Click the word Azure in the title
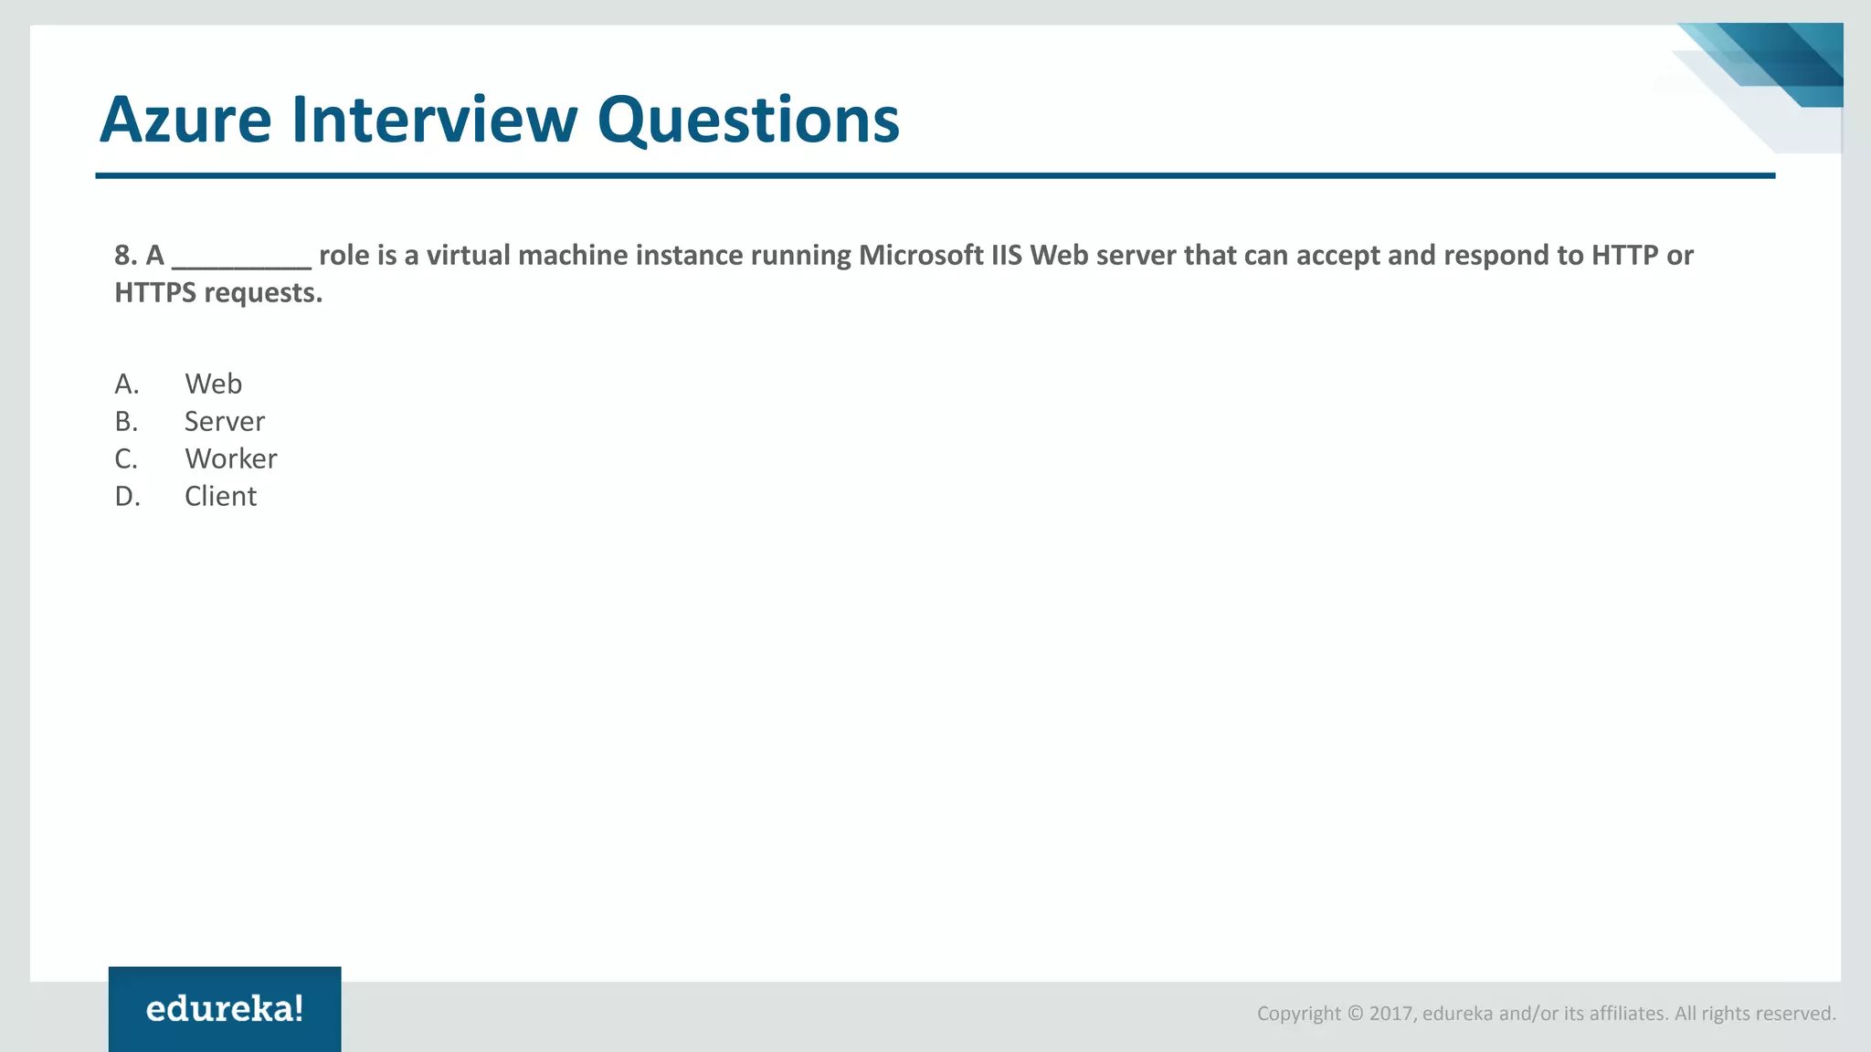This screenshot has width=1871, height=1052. pos(185,120)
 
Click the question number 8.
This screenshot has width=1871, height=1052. pos(125,256)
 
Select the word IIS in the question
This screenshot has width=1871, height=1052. pos(1006,256)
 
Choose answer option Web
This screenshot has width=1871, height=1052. pos(213,384)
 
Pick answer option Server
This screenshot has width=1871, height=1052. pos(224,421)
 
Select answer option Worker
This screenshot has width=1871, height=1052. pos(230,458)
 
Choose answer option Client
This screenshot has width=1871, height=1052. pos(220,496)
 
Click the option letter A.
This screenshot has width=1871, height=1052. pos(126,384)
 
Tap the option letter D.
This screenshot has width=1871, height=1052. pos(127,496)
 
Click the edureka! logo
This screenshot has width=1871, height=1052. pos(225,1009)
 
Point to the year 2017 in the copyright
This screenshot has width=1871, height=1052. pos(1392,1014)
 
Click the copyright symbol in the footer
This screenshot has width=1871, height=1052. pos(1355,1014)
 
